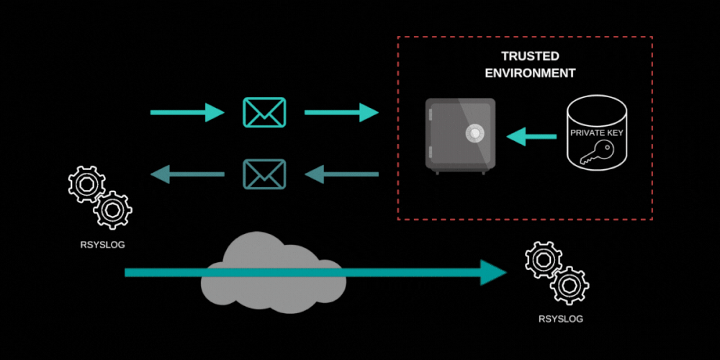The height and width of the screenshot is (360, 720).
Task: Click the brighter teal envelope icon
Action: [264, 112]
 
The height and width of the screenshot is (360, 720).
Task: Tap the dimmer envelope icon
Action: [264, 174]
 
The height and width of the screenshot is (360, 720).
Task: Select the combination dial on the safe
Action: [474, 132]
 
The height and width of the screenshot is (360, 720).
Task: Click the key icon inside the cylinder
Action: [597, 150]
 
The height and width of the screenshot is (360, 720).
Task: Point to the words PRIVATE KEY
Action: [596, 133]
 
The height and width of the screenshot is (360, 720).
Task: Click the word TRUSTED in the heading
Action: [530, 56]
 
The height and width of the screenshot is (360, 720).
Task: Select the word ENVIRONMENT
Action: [530, 73]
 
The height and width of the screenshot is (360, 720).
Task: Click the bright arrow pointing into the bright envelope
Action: [187, 112]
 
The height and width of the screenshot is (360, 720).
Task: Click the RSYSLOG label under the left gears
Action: [102, 245]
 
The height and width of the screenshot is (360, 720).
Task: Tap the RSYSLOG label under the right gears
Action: [561, 318]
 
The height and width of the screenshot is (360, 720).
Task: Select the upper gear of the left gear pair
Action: [86, 184]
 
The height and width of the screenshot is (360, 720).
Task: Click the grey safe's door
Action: [461, 137]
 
